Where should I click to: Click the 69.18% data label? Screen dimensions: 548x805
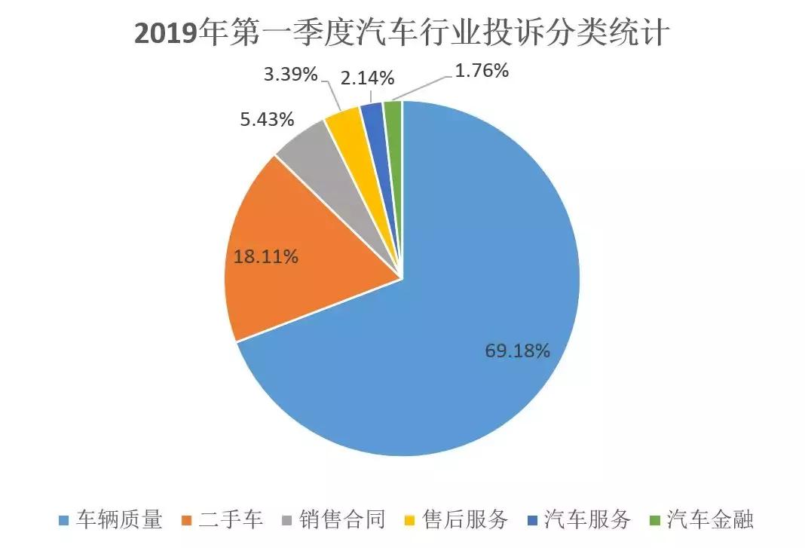(516, 351)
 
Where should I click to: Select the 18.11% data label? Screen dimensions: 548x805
(265, 256)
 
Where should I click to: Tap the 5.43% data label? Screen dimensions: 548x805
(268, 120)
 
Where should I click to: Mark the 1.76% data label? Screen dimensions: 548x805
(482, 72)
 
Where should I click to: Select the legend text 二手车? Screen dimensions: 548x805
(231, 519)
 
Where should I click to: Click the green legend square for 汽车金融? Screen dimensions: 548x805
(654, 520)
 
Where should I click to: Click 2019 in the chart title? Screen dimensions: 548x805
(164, 34)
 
